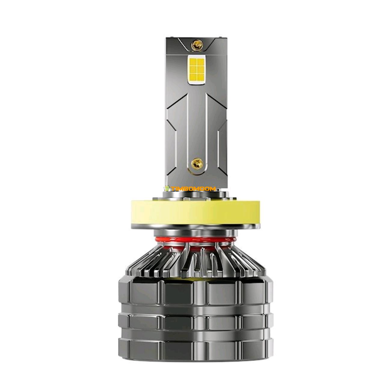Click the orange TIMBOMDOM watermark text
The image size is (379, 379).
pos(193,189)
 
